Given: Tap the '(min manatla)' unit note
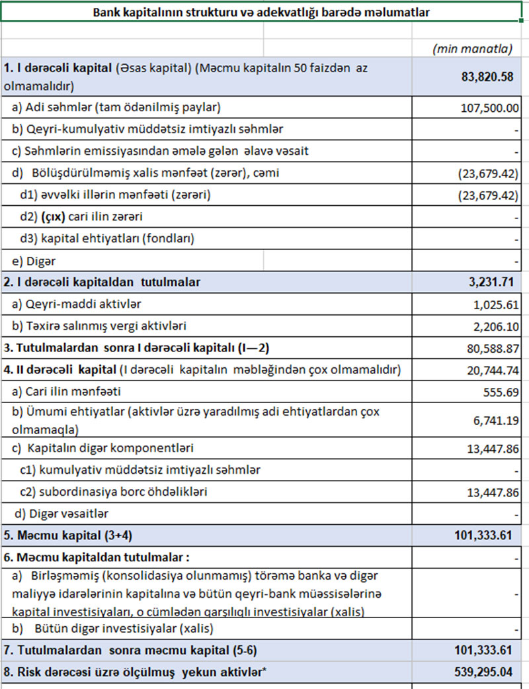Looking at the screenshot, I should click(472, 48).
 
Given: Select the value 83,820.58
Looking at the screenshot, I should click(487, 77).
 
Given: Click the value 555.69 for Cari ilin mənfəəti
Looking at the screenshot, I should click(499, 391).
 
